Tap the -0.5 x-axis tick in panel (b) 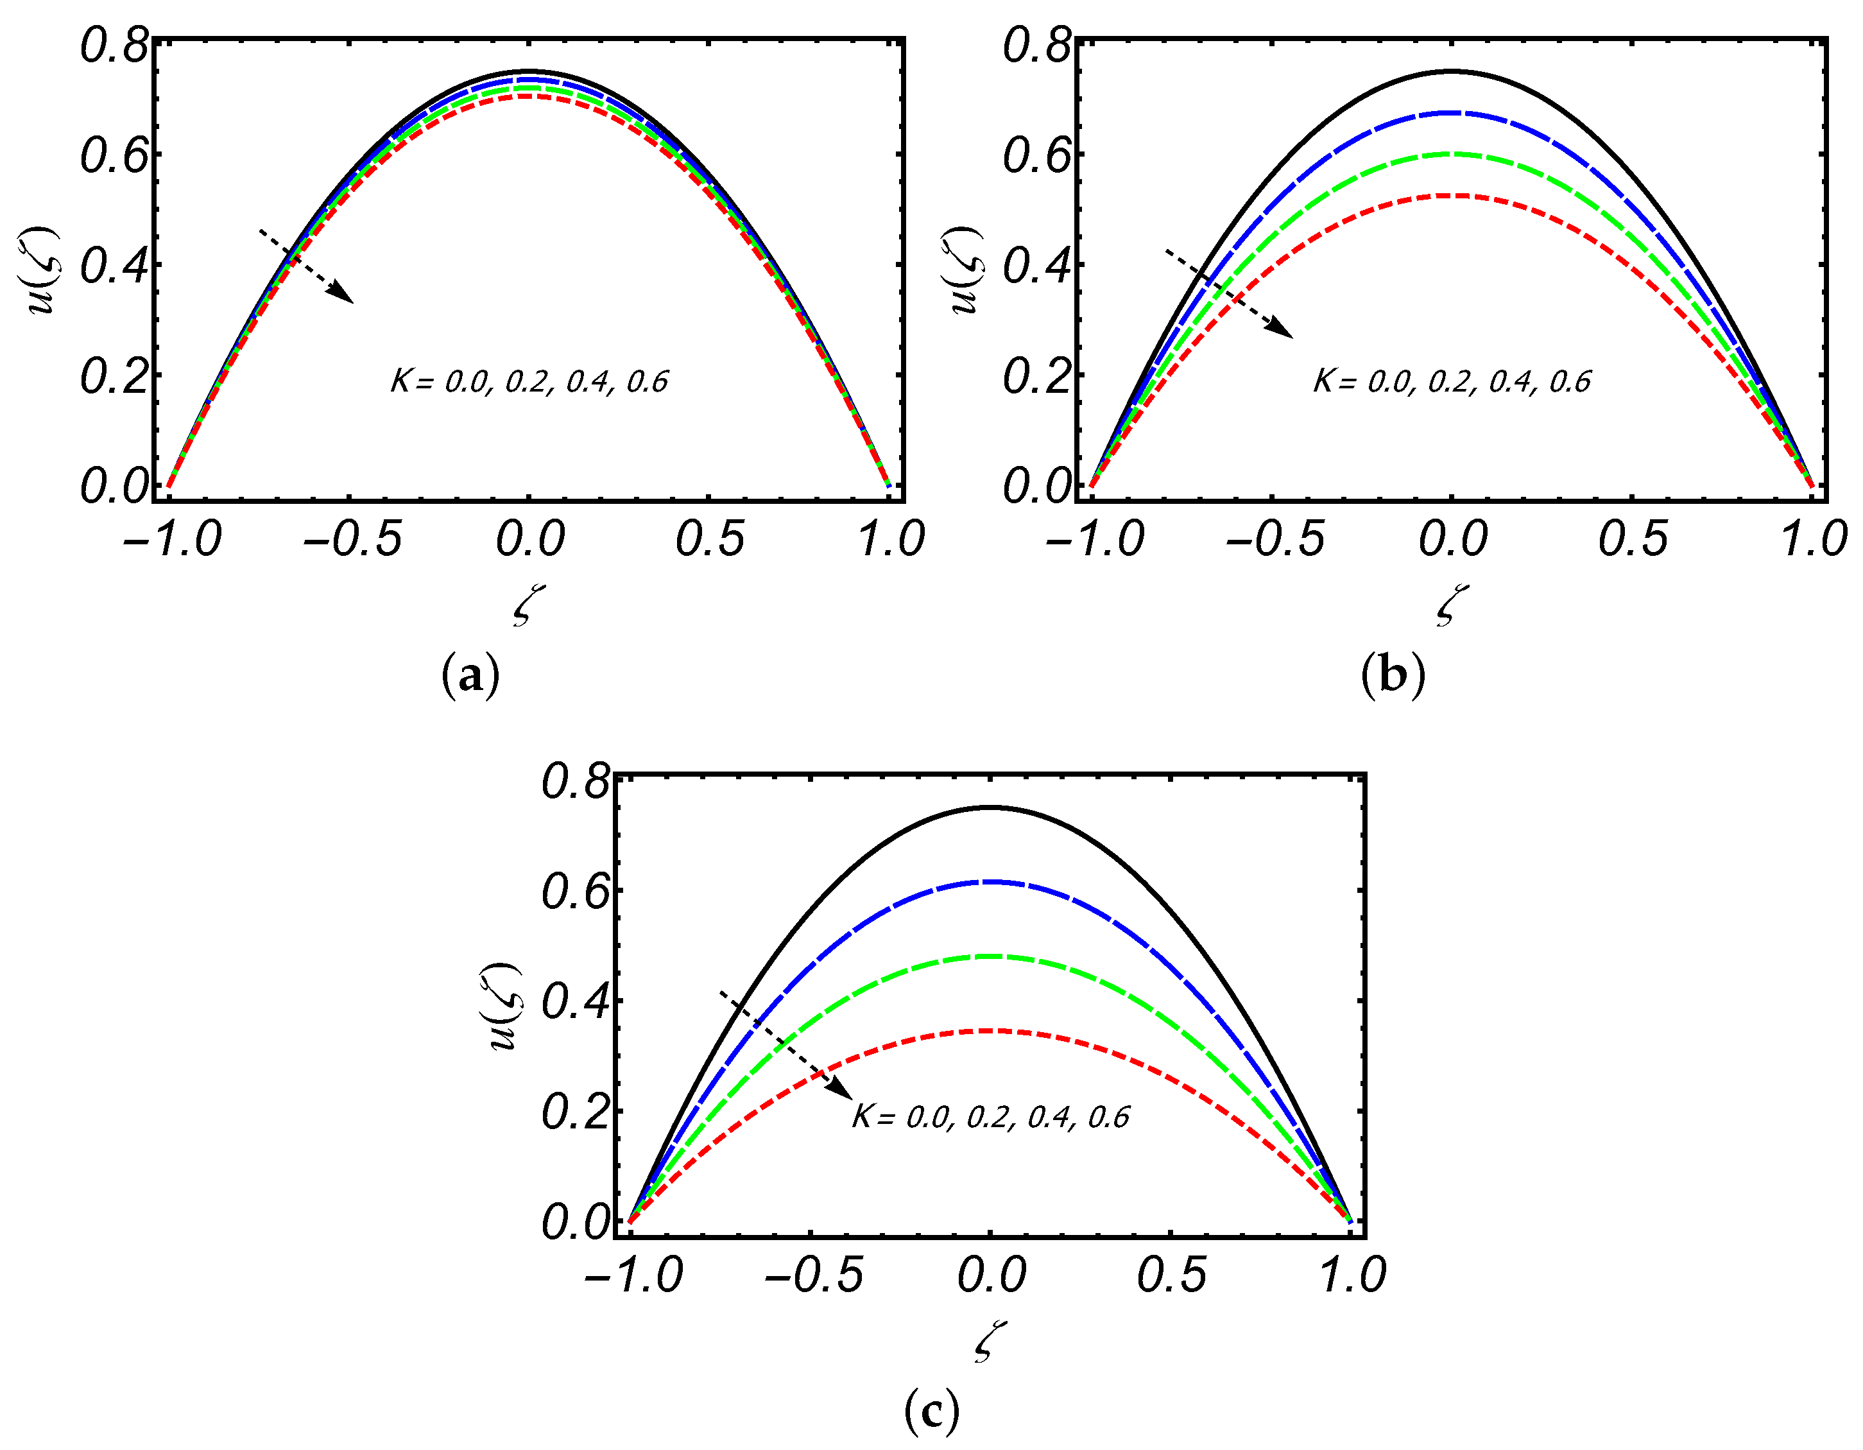[1275, 539]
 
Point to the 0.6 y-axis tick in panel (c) [576, 892]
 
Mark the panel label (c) [932, 1411]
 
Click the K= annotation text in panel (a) [529, 381]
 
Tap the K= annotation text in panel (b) [1451, 381]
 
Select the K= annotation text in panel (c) [990, 1118]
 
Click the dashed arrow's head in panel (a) [345, 295]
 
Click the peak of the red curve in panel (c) [990, 1031]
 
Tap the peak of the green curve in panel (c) [990, 956]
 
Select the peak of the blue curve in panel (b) [1451, 112]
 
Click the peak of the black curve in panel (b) [1451, 72]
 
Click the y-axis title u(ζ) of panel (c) [503, 1006]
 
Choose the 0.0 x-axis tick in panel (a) [529, 539]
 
